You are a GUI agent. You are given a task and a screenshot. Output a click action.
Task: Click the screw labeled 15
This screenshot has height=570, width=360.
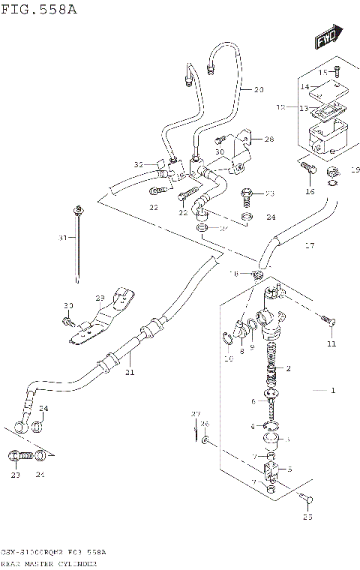(x=336, y=70)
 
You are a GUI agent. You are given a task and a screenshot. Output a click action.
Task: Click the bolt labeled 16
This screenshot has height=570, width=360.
(x=307, y=171)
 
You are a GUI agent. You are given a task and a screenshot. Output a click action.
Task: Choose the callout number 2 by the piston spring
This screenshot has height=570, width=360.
(x=286, y=369)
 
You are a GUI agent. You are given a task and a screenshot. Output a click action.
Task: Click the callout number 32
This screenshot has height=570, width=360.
(x=138, y=164)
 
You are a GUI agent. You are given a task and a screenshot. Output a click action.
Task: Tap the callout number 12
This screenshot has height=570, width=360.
(x=280, y=108)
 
